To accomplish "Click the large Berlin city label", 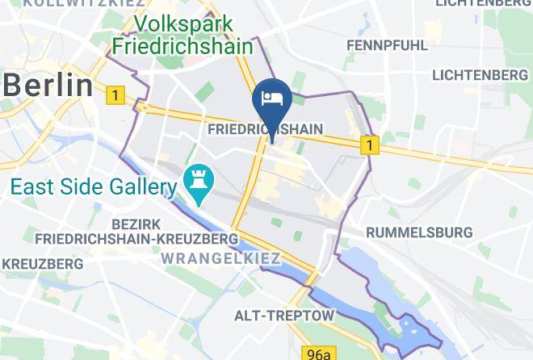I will click(x=47, y=83).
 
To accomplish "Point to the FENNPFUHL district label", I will click(x=388, y=45).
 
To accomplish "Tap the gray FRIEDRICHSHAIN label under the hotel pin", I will click(x=265, y=129).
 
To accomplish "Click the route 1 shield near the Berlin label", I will click(x=115, y=96).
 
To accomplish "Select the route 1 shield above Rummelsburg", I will click(x=370, y=145).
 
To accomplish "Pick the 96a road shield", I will click(x=318, y=354).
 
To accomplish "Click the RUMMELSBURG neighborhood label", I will click(x=418, y=232).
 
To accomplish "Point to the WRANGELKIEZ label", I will click(x=220, y=259).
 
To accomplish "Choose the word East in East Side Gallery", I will click(x=30, y=188).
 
